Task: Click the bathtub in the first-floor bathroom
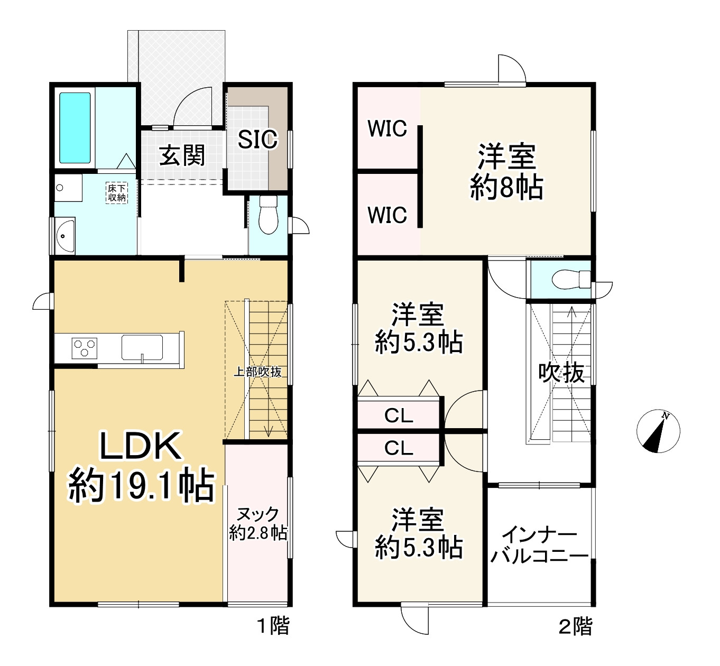coord(75,128)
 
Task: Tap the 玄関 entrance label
coord(182,155)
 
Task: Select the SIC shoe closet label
coord(257,140)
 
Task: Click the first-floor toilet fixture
coord(269,215)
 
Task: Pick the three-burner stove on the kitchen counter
coord(85,348)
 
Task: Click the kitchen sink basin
coord(143,347)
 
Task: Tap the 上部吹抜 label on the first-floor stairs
coord(257,372)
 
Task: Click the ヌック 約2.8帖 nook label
coord(258,523)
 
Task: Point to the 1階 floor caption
coord(273,626)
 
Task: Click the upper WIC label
coord(387,128)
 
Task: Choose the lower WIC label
coord(387,215)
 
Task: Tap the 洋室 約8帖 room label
coord(506,172)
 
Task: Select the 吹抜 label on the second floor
coord(561,373)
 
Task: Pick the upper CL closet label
coord(399,416)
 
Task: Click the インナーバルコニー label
coord(539,545)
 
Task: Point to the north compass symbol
coord(658,431)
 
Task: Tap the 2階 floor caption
coord(576,626)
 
